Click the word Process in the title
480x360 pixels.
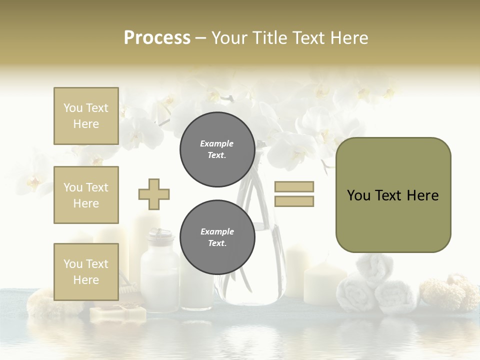click(x=157, y=37)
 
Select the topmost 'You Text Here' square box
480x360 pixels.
click(x=86, y=116)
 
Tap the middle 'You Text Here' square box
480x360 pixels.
click(x=86, y=195)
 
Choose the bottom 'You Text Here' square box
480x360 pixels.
click(x=86, y=271)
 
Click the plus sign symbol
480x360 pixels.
click(x=154, y=194)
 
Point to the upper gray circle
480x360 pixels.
click(x=217, y=149)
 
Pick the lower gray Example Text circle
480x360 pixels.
click(x=217, y=237)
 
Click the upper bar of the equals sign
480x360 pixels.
click(x=294, y=186)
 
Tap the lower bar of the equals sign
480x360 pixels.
click(x=294, y=201)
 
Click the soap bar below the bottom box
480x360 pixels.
click(x=118, y=313)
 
